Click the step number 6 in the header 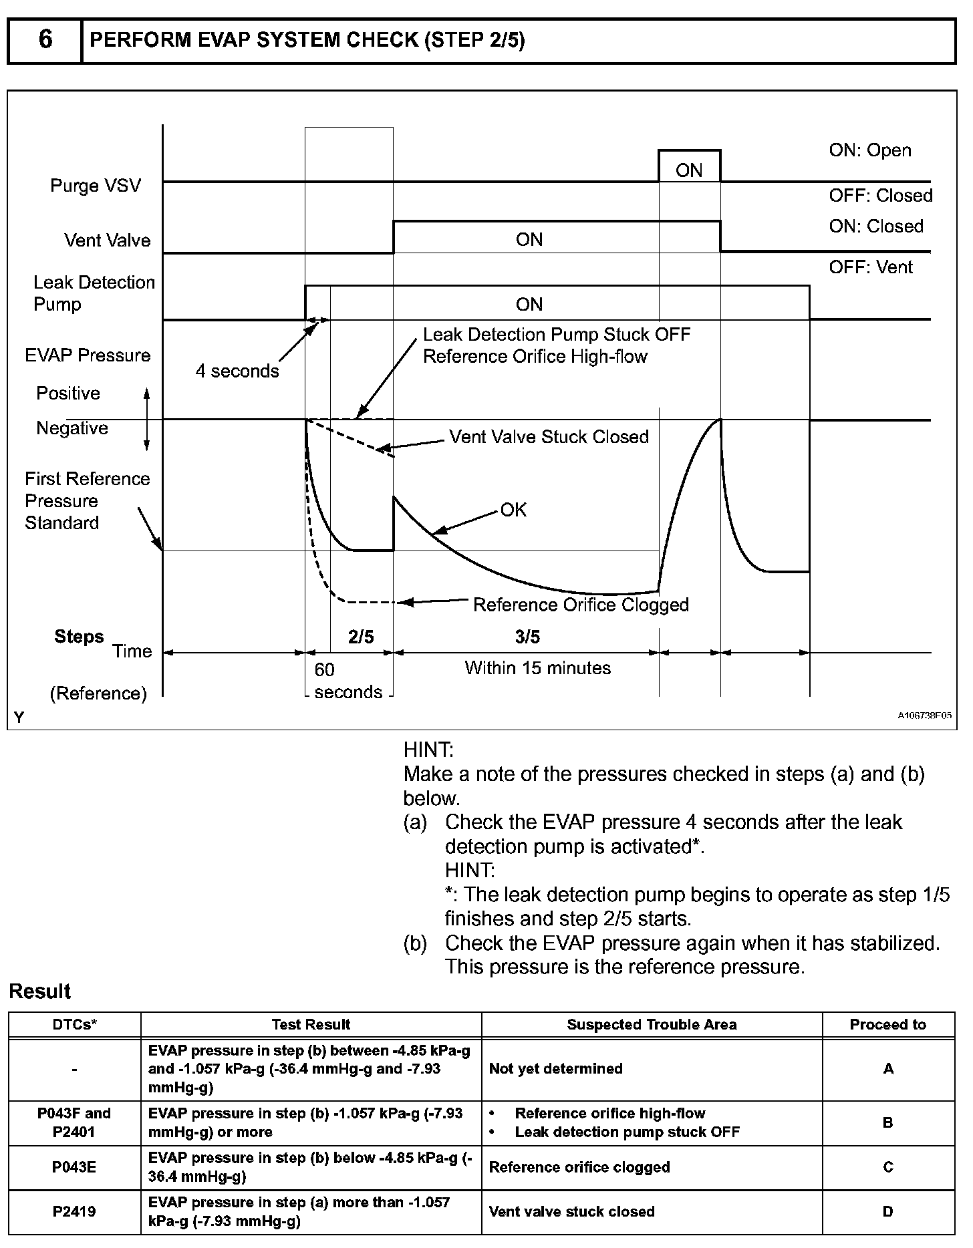pos(45,40)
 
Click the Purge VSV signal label pos(96,185)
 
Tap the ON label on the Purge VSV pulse pos(689,170)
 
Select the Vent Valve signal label pos(107,240)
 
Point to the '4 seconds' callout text pos(237,371)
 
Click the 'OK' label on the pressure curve pos(513,510)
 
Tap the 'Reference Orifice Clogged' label pos(580,605)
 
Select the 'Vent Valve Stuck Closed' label pos(549,437)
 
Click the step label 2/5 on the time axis pos(361,637)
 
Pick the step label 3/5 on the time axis pos(527,637)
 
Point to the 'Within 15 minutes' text pos(538,668)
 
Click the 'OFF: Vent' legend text pos(871,267)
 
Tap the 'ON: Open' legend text pos(870,150)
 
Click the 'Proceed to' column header pos(887,1025)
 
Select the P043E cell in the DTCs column pos(74,1167)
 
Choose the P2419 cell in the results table pos(74,1212)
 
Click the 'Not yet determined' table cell pos(555,1069)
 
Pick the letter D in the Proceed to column pos(887,1212)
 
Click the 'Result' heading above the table pos(40,991)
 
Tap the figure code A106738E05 pos(924,716)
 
